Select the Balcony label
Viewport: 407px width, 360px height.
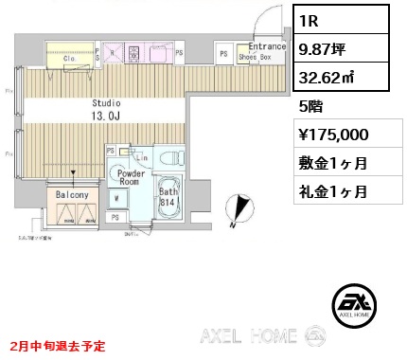tap(73, 195)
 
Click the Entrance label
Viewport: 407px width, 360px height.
tap(267, 45)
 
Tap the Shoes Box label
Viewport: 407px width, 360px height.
tap(255, 56)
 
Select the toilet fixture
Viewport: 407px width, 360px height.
tap(171, 156)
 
